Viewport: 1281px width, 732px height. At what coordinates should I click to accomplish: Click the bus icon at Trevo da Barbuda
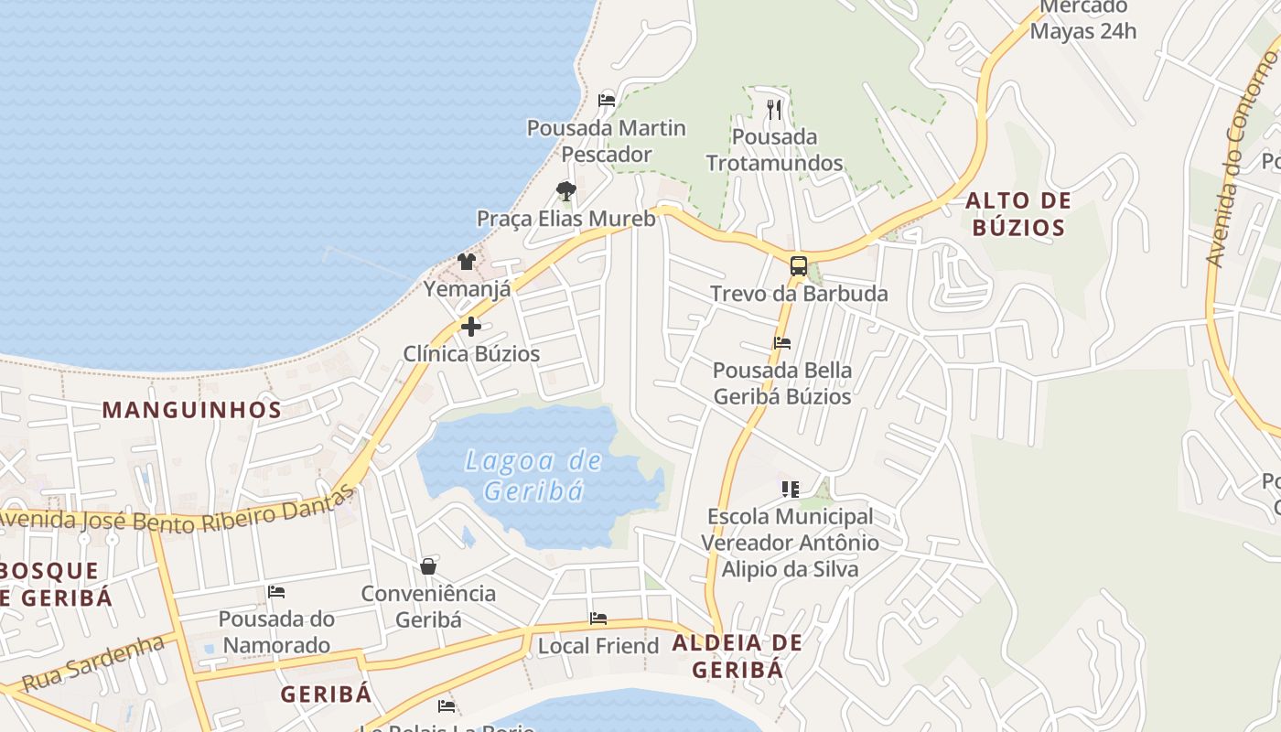pyautogui.click(x=799, y=266)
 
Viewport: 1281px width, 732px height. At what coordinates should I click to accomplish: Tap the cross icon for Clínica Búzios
pyautogui.click(x=471, y=326)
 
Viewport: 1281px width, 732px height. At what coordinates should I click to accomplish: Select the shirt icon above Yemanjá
pyautogui.click(x=468, y=262)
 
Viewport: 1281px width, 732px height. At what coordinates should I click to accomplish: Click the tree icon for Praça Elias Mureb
pyautogui.click(x=566, y=191)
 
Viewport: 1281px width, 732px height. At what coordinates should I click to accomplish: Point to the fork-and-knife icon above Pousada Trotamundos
pyautogui.click(x=774, y=110)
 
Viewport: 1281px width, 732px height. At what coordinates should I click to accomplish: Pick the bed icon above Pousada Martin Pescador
pyautogui.click(x=606, y=100)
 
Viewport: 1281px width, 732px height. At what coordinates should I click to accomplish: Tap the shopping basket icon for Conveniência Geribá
pyautogui.click(x=428, y=566)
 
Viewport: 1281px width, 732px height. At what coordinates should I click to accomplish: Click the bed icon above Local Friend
pyautogui.click(x=598, y=619)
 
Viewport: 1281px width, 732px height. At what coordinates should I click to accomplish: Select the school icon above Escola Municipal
pyautogui.click(x=790, y=489)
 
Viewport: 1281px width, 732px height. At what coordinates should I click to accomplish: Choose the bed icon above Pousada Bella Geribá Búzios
pyautogui.click(x=782, y=343)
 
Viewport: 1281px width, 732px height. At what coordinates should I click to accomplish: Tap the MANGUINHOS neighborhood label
pyautogui.click(x=192, y=409)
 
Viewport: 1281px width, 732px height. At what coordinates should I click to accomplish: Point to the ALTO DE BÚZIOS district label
pyautogui.click(x=1017, y=214)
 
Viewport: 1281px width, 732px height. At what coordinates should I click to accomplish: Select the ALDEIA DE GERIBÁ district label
pyautogui.click(x=737, y=656)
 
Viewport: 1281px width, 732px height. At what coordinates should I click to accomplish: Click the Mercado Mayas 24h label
pyautogui.click(x=1083, y=19)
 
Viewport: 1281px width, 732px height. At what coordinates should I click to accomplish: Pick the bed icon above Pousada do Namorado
pyautogui.click(x=276, y=592)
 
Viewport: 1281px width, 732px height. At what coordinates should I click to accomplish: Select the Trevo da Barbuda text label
pyautogui.click(x=800, y=294)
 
